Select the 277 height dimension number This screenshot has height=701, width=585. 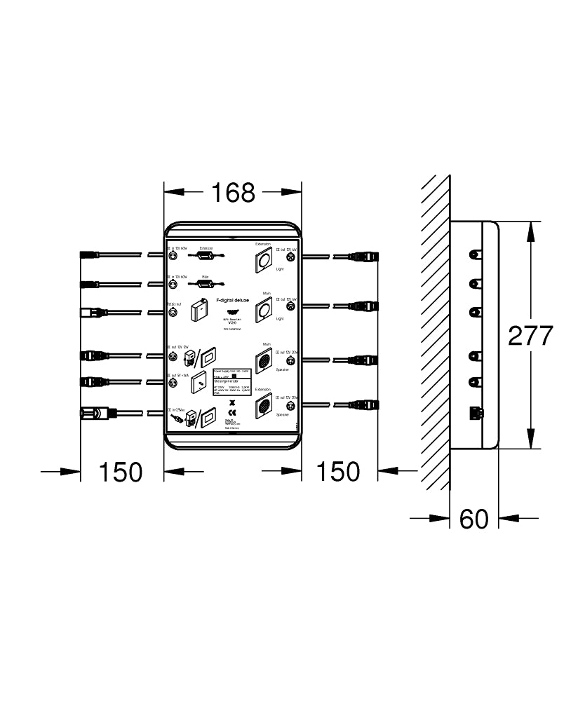pyautogui.click(x=531, y=336)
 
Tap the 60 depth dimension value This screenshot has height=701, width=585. pyautogui.click(x=473, y=519)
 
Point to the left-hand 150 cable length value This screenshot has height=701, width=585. pyautogui.click(x=120, y=472)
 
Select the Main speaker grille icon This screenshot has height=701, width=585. pyautogui.click(x=264, y=360)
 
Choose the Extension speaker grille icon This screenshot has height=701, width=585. pyautogui.click(x=264, y=405)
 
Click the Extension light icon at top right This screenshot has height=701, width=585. pyautogui.click(x=264, y=260)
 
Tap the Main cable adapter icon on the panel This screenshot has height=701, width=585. pyautogui.click(x=206, y=283)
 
